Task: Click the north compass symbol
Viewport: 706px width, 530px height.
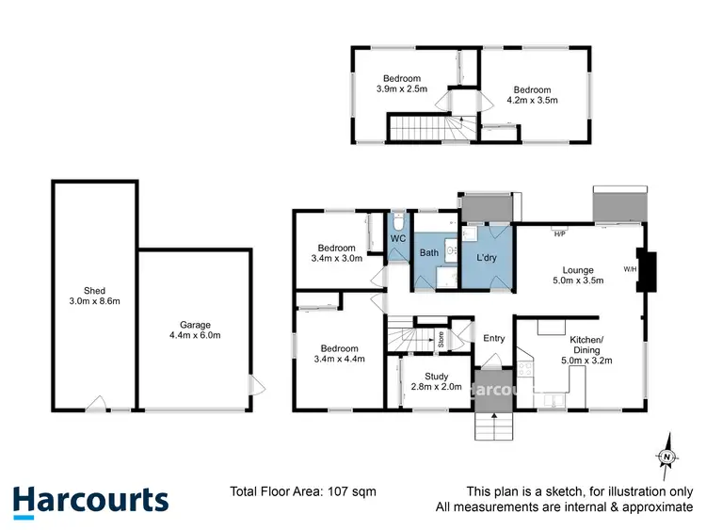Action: tap(666, 458)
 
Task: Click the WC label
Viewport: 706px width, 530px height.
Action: tap(397, 240)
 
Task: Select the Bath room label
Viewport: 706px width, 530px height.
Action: tap(429, 252)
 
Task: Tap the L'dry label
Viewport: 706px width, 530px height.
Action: tap(487, 257)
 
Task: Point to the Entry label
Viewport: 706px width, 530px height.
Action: tap(493, 339)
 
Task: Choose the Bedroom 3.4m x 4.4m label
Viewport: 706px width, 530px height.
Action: tap(339, 352)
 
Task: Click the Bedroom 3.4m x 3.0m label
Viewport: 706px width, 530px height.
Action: tap(337, 251)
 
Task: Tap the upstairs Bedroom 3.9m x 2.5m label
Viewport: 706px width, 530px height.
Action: tap(401, 84)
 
